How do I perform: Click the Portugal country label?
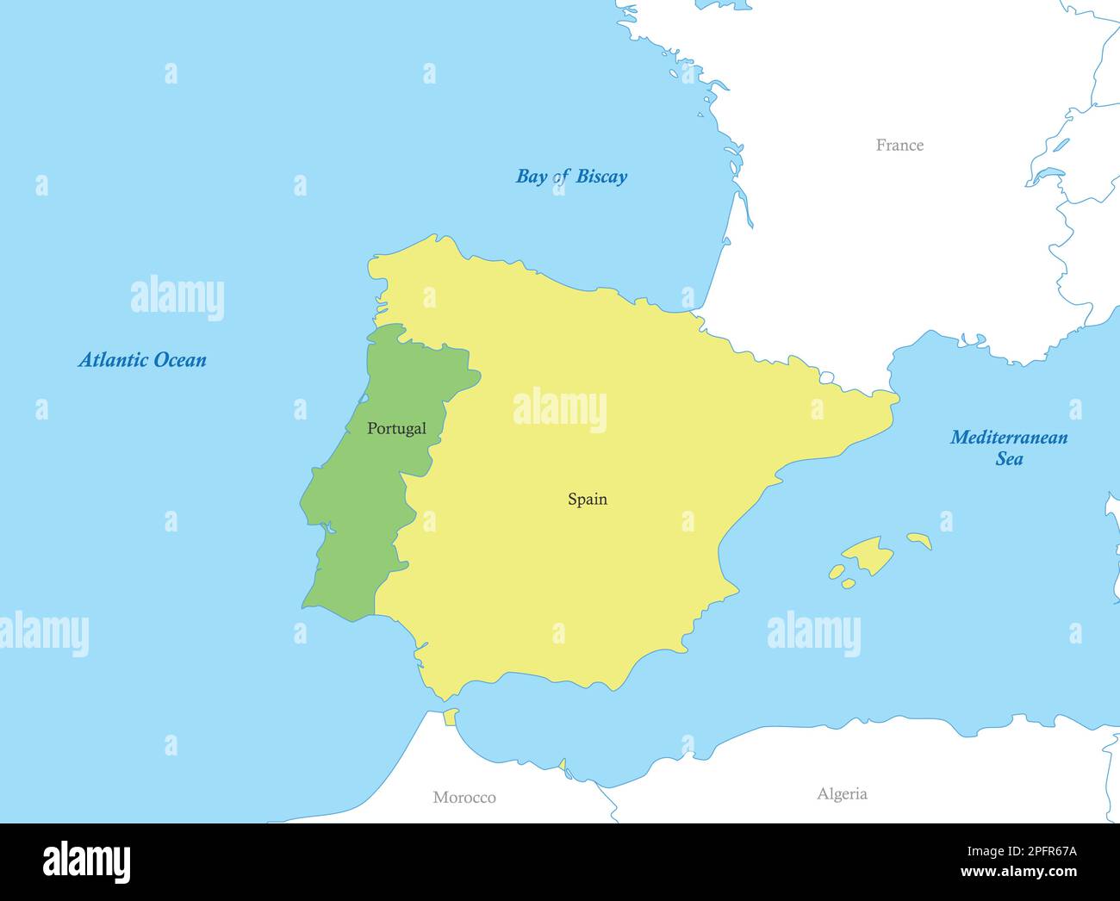coord(396,428)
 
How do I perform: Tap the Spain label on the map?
coord(588,499)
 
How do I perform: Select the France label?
coord(899,145)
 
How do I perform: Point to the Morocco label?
coord(464,798)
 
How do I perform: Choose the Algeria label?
coord(842,794)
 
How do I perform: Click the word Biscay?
coord(601,177)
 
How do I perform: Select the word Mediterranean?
coord(1009,438)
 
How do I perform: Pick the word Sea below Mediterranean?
coord(1009,459)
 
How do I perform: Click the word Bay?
coord(531,177)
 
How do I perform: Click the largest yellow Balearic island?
coord(868,554)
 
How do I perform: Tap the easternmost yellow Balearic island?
coord(919,539)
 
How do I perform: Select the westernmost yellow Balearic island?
coord(837,571)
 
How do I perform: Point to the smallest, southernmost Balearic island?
coord(848,584)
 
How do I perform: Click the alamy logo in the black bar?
coord(86,861)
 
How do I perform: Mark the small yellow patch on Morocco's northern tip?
coord(450,717)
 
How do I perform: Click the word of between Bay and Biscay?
coord(561,177)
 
